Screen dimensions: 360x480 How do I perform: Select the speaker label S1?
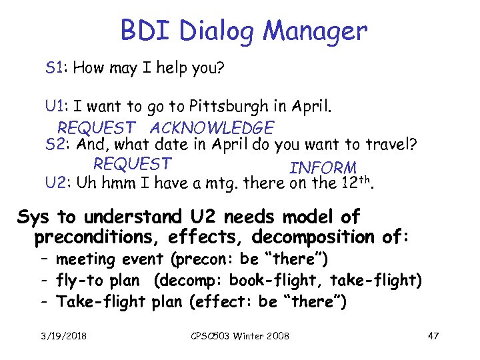click(55, 67)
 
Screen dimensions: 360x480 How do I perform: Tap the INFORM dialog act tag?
click(323, 167)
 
